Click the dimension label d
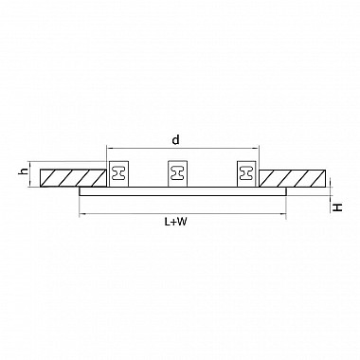(x=175, y=139)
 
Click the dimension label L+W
(x=175, y=222)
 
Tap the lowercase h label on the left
(x=23, y=171)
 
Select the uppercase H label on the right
(x=338, y=207)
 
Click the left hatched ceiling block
(x=73, y=178)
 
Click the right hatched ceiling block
(x=292, y=178)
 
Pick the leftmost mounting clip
(x=119, y=173)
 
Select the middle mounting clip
(x=178, y=173)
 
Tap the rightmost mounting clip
(x=246, y=173)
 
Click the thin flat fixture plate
(x=183, y=191)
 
